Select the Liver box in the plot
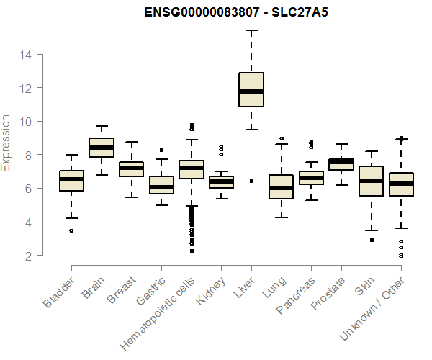[x=251, y=89]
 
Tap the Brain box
[x=102, y=147]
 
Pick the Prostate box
[x=341, y=164]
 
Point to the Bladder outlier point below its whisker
[x=71, y=230]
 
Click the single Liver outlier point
[x=251, y=181]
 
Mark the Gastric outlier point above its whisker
[x=161, y=150]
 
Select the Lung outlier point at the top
[x=282, y=138]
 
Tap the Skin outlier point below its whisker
[x=372, y=240]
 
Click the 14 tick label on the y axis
[x=26, y=55]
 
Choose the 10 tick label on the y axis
[x=26, y=122]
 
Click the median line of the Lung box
[x=282, y=188]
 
